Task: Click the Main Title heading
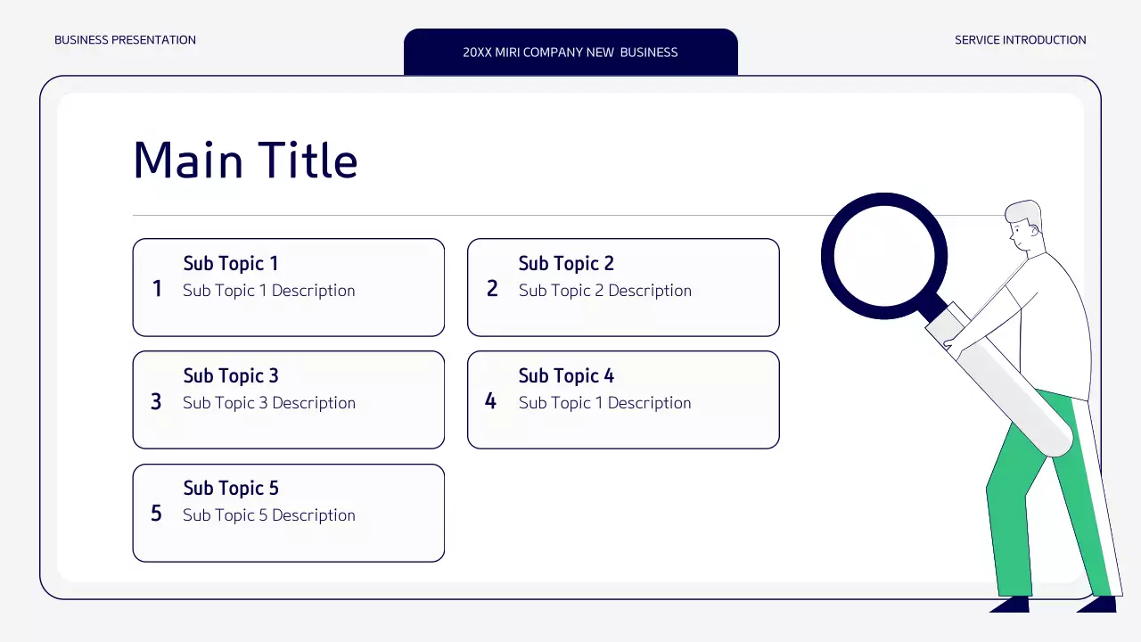245,160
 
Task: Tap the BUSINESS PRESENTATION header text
125,40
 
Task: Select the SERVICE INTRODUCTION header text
1020,40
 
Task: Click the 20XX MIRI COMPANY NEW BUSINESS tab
570,52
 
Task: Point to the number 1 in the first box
157,289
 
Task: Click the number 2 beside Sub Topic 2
492,289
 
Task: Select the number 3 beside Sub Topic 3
156,401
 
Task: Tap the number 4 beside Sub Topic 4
490,401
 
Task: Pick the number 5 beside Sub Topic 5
156,514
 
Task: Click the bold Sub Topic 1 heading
231,264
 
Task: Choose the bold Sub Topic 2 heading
566,264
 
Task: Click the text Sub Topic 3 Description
269,403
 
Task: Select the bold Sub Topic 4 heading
566,376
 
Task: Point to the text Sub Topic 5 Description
269,515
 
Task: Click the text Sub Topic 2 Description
604,291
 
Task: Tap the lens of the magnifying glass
883,256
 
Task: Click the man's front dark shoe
1009,605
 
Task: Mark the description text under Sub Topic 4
604,403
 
